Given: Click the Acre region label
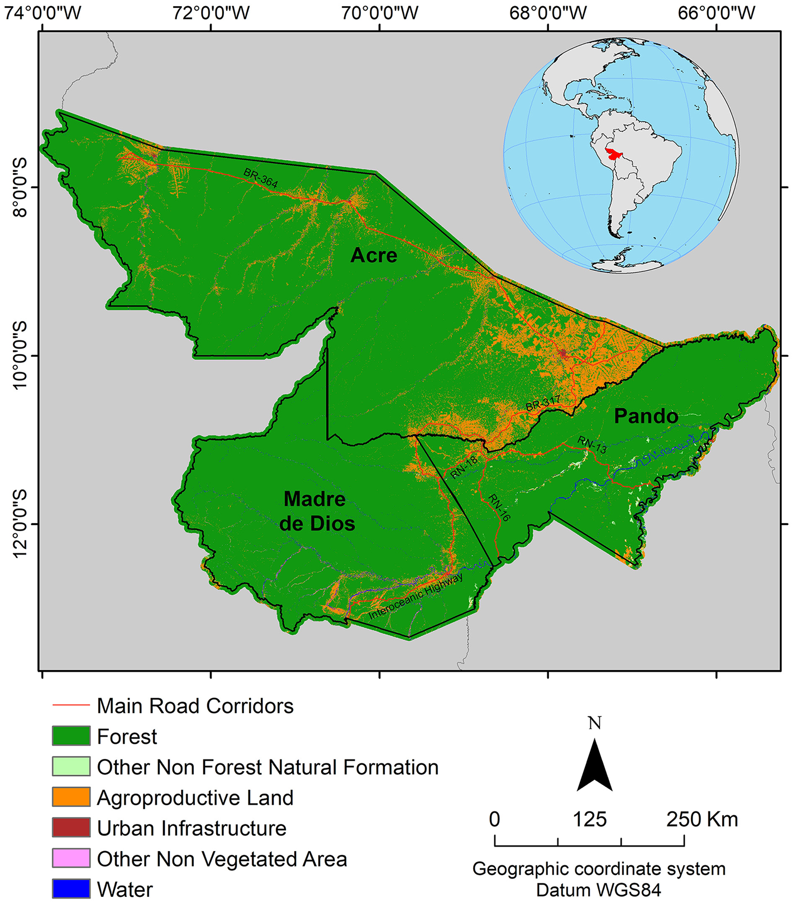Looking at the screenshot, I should click(x=374, y=255).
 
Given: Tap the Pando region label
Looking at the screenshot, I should click(x=646, y=416).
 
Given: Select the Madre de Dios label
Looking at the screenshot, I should click(x=316, y=511).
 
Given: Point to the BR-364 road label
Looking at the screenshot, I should click(x=261, y=178).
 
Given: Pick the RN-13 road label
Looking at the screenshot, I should click(x=592, y=445).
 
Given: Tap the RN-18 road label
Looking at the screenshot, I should click(x=464, y=467).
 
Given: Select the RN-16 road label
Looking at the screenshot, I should click(x=499, y=507).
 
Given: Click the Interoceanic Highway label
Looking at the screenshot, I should click(x=416, y=596).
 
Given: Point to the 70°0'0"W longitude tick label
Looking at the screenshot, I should click(x=380, y=12).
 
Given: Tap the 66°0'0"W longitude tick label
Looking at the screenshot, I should click(x=717, y=12).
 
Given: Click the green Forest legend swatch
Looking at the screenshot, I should click(x=71, y=736).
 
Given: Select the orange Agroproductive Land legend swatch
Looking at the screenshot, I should click(x=71, y=797).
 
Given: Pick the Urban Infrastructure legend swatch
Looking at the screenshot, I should click(x=71, y=828).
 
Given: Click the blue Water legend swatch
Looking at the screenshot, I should click(x=71, y=888).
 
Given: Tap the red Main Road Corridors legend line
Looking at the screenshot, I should click(x=71, y=705).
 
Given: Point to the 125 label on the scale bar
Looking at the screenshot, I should click(x=589, y=819).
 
